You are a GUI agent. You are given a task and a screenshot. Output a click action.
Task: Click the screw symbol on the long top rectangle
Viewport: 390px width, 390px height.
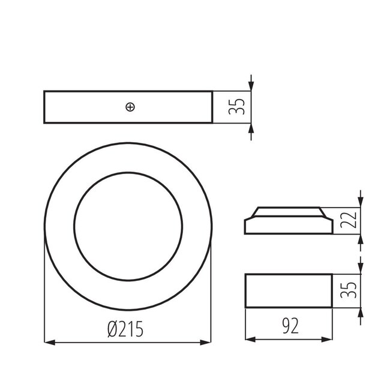click(130, 107)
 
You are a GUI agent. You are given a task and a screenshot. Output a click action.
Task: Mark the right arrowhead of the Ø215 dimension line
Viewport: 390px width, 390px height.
click(207, 343)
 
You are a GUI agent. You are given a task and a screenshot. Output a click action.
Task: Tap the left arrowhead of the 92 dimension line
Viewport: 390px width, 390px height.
click(251, 340)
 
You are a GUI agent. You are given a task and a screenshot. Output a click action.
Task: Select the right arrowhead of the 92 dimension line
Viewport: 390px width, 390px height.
click(327, 340)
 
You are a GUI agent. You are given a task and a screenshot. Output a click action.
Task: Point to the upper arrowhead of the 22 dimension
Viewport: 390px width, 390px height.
click(360, 202)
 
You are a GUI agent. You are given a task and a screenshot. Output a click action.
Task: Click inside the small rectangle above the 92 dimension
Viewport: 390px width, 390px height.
click(289, 290)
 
